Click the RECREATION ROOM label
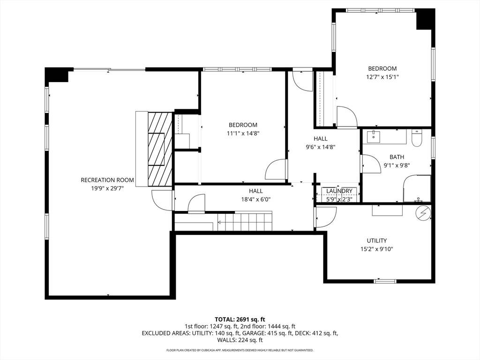coord(107,180)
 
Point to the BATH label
coord(397,157)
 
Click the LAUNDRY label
coord(339,191)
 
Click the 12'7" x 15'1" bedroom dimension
coord(382,76)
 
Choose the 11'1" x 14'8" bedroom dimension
coord(243,133)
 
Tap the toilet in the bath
coord(417,138)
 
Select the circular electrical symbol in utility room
coord(423,213)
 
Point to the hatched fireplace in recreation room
coord(160,149)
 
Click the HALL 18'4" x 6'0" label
coord(255,195)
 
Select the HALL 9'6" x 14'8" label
coord(321,142)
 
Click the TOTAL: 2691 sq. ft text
coord(240,320)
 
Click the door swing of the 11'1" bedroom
coord(276,170)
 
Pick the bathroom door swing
coord(370,164)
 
